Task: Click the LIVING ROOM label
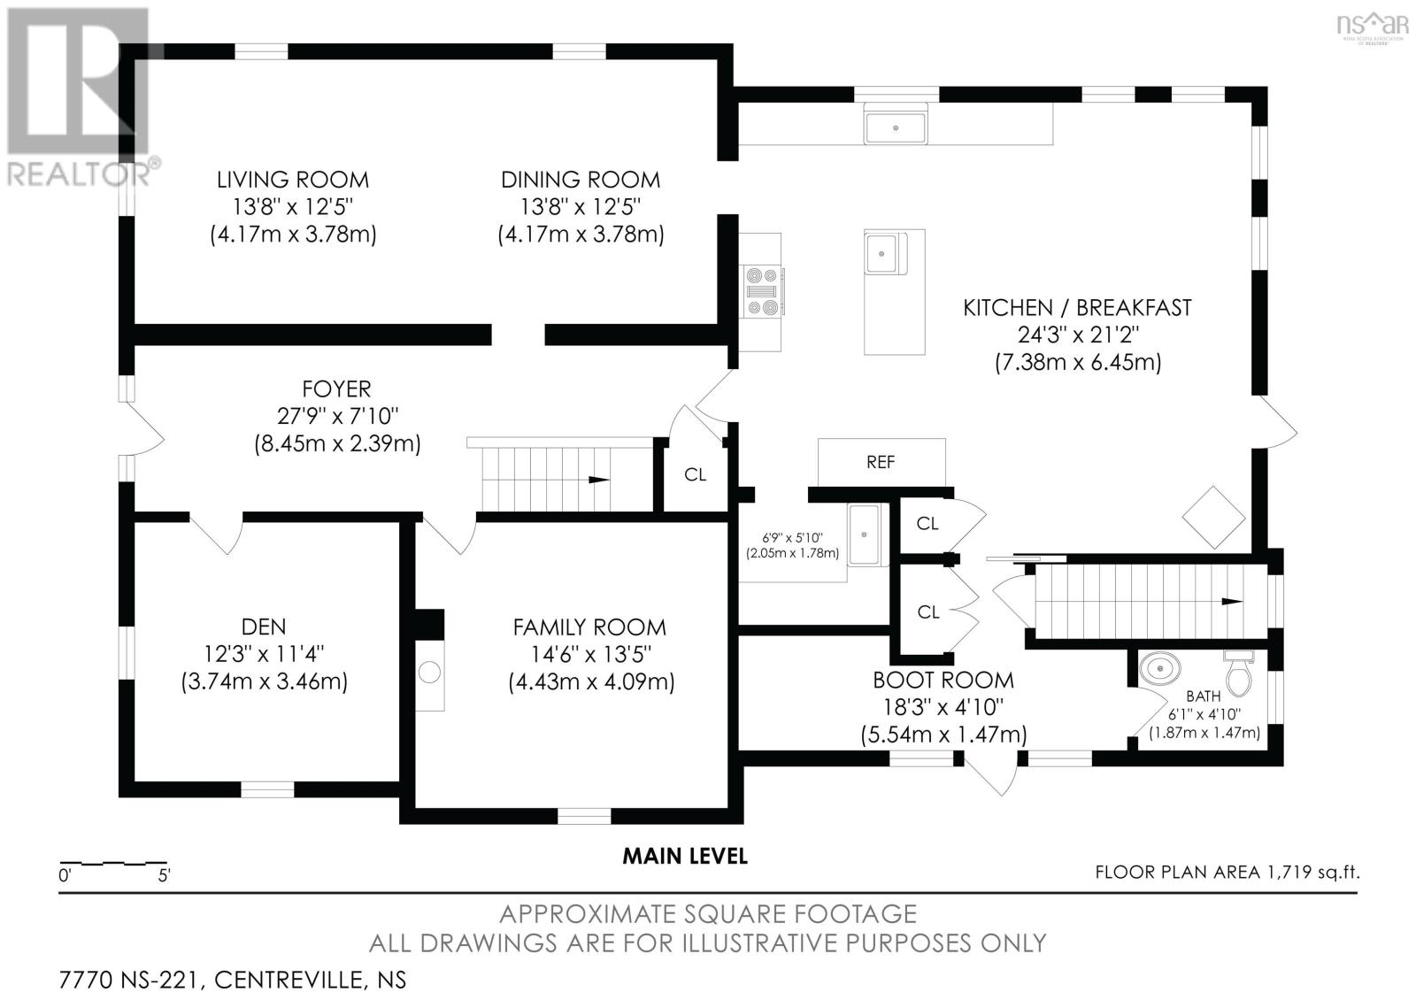tap(293, 180)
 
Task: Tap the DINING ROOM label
tap(581, 180)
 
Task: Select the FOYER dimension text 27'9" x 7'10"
tap(337, 415)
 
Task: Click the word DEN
tap(264, 627)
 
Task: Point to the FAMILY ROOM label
tap(589, 627)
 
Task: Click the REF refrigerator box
tap(881, 462)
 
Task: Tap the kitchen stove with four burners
tap(762, 291)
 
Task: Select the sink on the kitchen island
tap(885, 253)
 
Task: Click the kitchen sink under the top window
tap(895, 127)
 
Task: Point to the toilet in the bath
tap(1238, 673)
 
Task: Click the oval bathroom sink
tap(1160, 668)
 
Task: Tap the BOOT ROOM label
tap(943, 681)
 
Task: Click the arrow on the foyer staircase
tap(599, 480)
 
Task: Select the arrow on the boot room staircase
tap(1232, 601)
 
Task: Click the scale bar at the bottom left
tap(113, 863)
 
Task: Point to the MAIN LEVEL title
tap(685, 857)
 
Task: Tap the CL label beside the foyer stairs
tap(695, 474)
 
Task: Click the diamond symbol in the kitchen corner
tap(1213, 517)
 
